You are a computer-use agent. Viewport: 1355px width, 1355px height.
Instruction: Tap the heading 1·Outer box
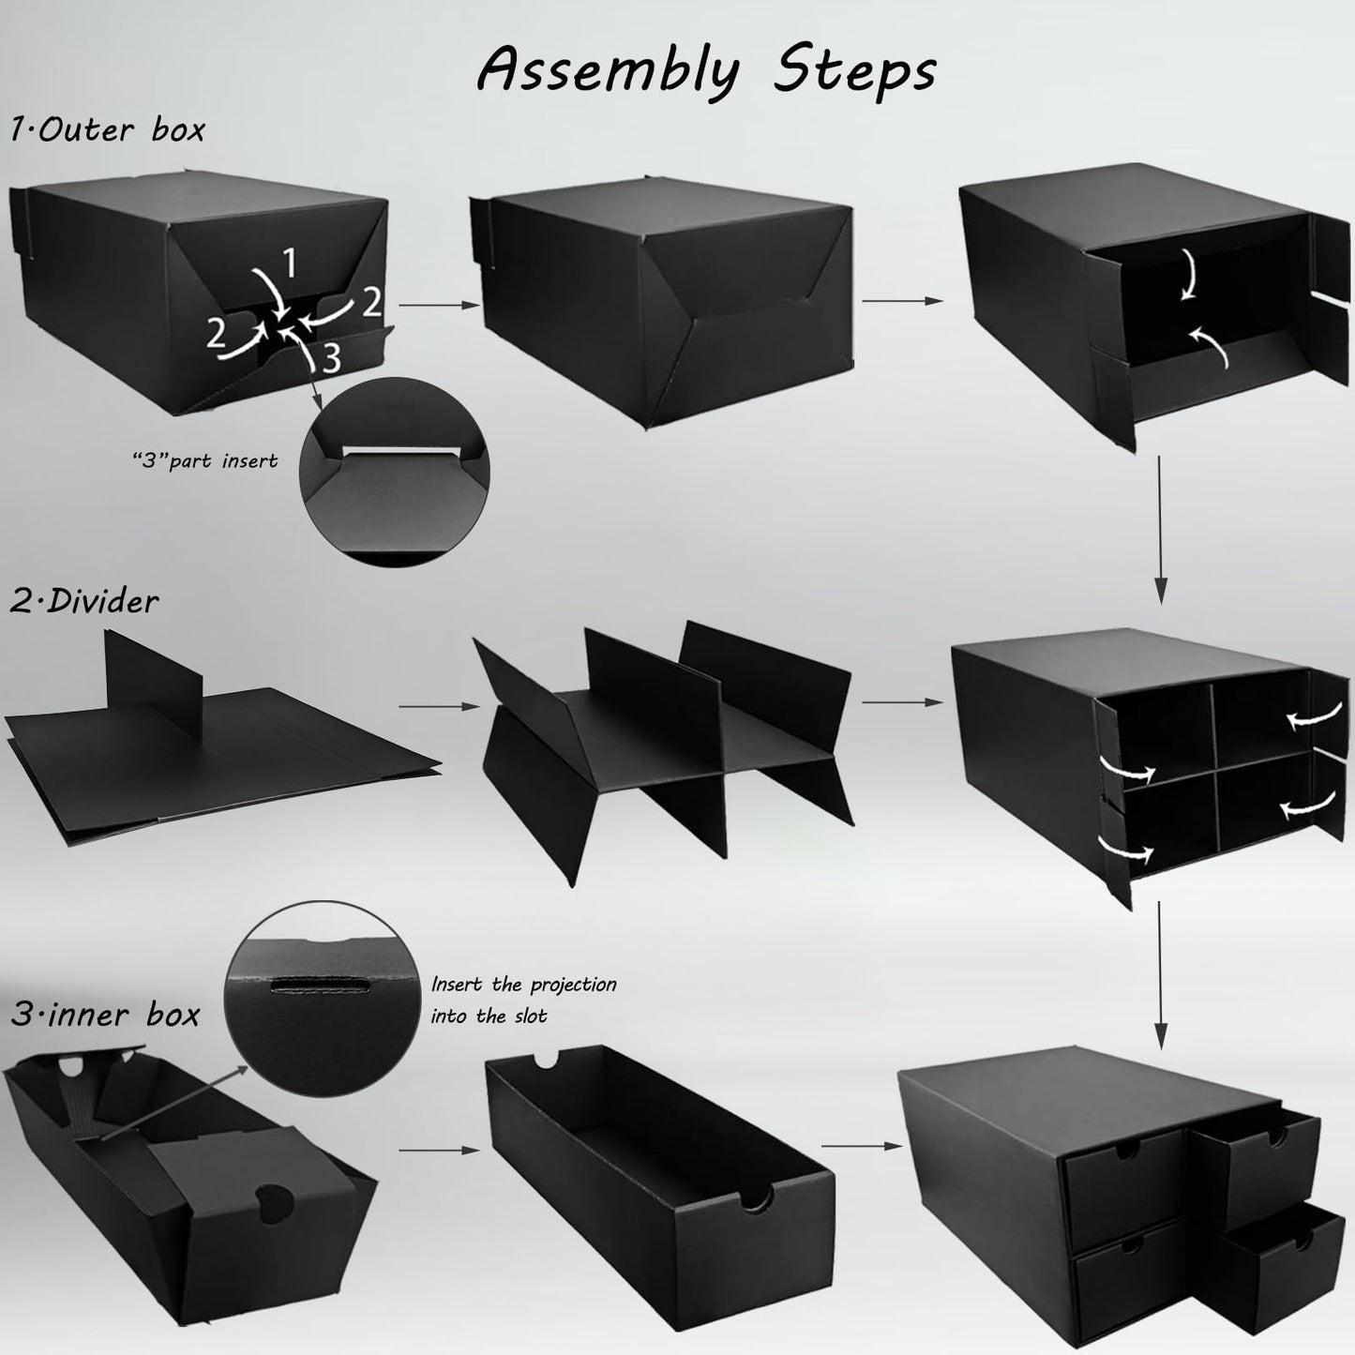pos(107,128)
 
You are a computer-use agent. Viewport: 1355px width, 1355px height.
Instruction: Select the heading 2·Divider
pos(84,600)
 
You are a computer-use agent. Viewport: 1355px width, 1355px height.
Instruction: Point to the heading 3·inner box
pos(105,1014)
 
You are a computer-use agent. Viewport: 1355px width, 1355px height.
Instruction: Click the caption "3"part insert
pos(204,461)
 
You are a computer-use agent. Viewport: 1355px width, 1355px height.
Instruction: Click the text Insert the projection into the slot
pos(523,1000)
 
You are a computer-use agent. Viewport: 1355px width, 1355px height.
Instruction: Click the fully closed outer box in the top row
pos(666,281)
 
